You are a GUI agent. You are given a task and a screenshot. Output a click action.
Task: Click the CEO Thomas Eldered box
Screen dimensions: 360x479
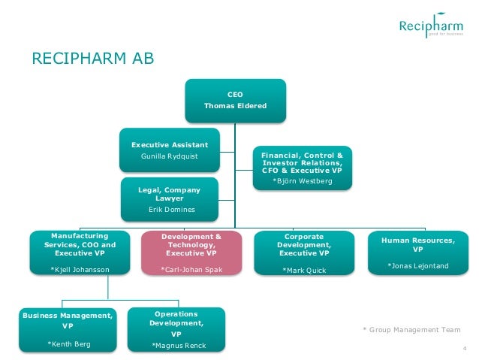coord(235,100)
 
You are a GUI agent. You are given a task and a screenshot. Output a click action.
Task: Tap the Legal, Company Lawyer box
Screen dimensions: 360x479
coord(171,199)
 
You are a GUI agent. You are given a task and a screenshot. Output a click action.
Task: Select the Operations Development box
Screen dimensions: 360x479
coord(176,328)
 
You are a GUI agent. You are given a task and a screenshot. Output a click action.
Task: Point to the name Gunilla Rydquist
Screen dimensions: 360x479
coord(170,157)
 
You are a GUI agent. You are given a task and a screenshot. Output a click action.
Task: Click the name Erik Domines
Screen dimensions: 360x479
coord(171,210)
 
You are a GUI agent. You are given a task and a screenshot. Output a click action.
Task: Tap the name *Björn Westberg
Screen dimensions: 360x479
coord(302,181)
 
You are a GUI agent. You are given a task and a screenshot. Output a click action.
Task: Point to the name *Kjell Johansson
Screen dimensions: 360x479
coord(79,269)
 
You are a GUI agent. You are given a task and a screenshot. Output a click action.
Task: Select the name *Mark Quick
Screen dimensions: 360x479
coord(304,270)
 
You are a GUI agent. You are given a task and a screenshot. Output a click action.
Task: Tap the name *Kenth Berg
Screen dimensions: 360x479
coord(69,343)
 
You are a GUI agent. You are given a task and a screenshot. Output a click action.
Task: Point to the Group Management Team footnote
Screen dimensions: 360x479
coord(411,330)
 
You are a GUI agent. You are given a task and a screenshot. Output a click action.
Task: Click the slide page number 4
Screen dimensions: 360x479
coord(465,347)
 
